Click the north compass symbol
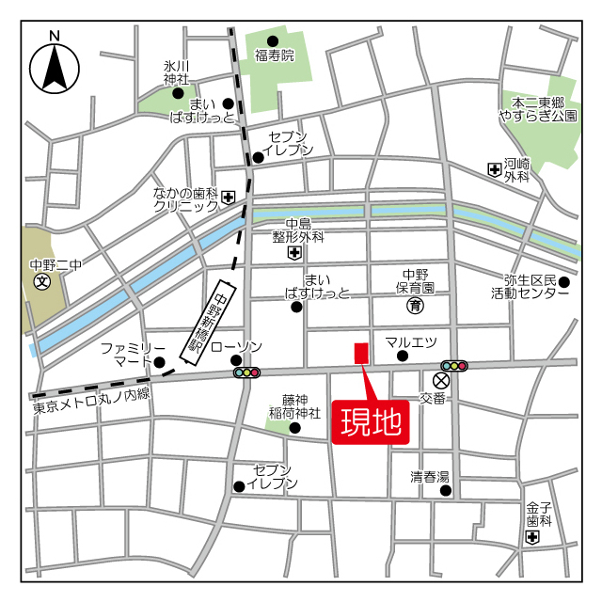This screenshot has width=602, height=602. pos(54,66)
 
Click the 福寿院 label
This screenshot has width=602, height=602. pos(274,55)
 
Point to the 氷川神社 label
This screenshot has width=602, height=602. pos(176,73)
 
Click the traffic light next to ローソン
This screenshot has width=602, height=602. pos(247,372)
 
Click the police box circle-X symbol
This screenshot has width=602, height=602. pos(442,381)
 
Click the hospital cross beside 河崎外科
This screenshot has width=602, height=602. pos(494,169)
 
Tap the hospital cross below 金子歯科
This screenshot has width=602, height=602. pos(533,537)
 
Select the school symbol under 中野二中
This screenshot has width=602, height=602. pos(42,281)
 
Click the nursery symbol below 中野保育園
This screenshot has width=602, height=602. pos(414,306)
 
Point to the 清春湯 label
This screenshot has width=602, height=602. pos(430,476)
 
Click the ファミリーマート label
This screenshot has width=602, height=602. pos(133,355)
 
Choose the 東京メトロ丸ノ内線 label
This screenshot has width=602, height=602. pos(90,406)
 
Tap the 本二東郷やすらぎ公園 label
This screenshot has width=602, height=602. pos(537,108)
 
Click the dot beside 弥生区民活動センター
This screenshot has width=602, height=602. pos(564,281)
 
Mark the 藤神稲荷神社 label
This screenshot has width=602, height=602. pos(302,406)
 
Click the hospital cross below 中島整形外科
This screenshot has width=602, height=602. pos(294,253)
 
